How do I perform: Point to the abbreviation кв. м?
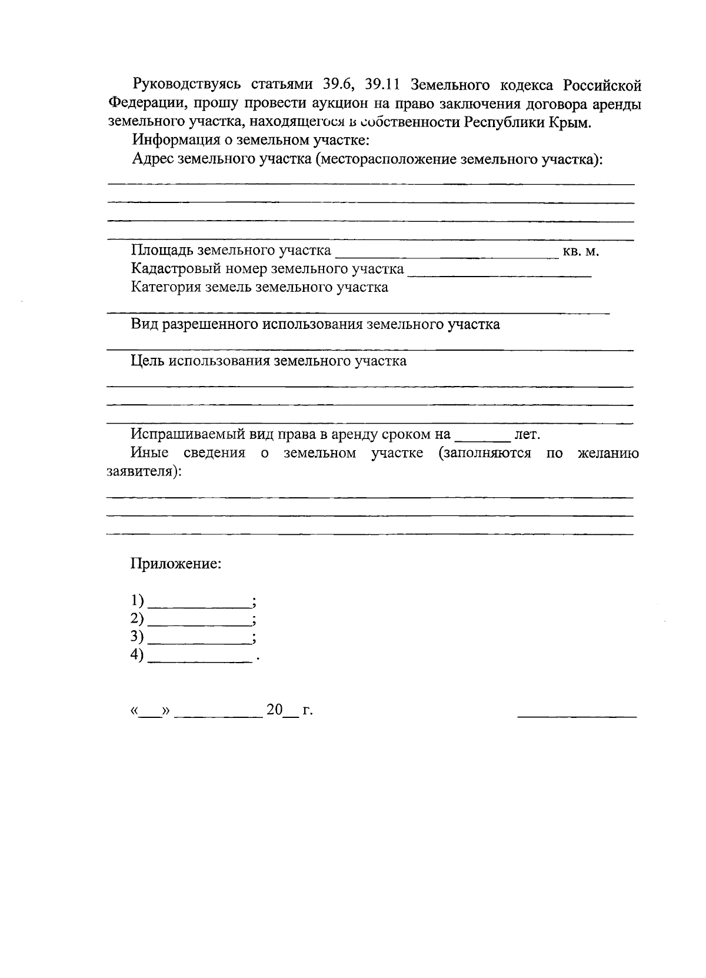[x=580, y=252]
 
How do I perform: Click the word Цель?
[x=147, y=361]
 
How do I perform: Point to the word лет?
[x=527, y=435]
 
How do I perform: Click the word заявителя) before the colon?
[x=141, y=472]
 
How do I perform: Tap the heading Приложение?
[x=176, y=564]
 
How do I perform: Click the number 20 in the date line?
[x=275, y=710]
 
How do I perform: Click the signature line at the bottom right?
[x=577, y=716]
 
